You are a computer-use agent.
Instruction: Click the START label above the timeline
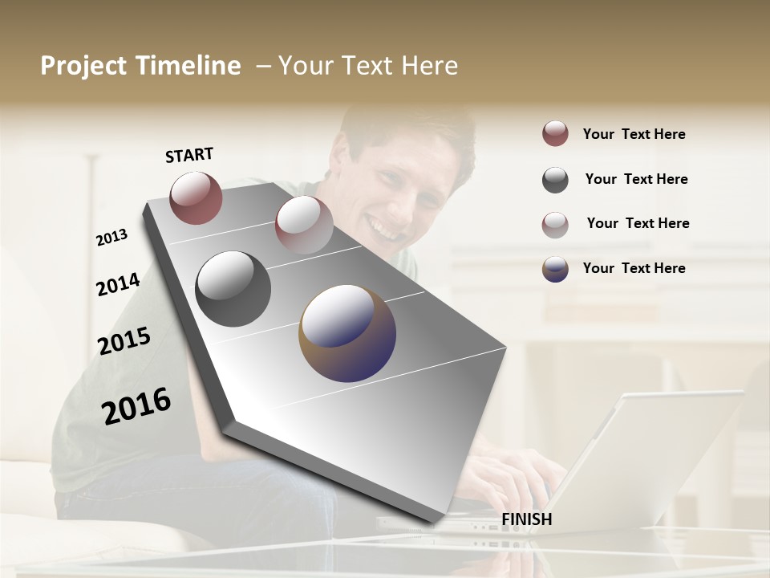189,155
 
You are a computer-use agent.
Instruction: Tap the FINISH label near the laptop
527,519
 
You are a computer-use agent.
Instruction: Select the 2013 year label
111,238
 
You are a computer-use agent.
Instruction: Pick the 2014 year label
118,284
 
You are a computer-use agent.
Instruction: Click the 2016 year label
136,406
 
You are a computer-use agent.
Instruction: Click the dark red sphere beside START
196,197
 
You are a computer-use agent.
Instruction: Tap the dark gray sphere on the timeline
233,289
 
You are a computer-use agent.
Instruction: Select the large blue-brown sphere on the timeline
347,333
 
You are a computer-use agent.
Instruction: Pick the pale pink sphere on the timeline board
304,225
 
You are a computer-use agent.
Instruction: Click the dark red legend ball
555,134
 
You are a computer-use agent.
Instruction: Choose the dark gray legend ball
555,180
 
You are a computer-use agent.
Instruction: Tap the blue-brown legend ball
555,269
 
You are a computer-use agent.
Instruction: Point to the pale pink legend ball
555,224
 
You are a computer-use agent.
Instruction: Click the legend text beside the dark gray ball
636,179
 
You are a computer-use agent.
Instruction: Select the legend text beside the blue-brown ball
634,268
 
